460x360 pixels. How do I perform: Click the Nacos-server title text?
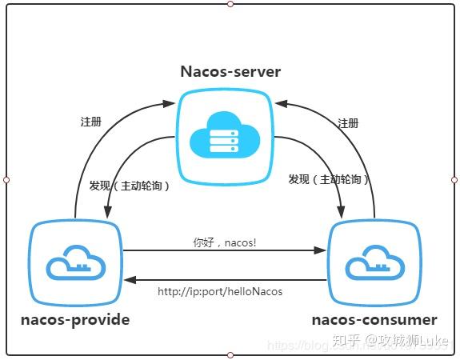coord(230,71)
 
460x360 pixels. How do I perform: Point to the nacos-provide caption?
coord(75,321)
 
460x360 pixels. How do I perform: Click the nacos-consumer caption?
coord(375,321)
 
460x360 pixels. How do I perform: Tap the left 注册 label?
coord(90,122)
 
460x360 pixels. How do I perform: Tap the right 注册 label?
coord(348,123)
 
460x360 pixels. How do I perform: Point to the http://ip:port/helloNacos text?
coord(220,292)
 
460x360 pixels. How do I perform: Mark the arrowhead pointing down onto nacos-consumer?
coord(341,213)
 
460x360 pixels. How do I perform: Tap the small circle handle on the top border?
coord(230,4)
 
